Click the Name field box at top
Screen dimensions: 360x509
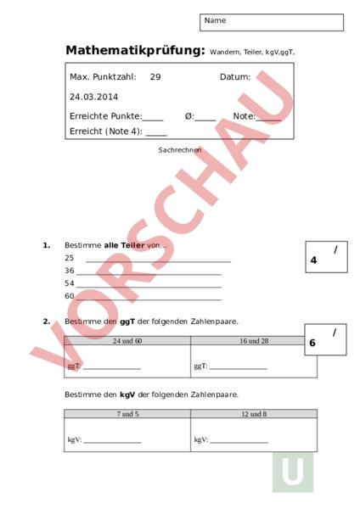(272, 22)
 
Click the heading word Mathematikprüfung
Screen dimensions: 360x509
(135, 50)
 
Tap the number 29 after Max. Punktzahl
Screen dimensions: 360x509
(155, 77)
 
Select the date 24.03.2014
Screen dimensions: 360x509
(94, 97)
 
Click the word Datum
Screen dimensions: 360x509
(235, 77)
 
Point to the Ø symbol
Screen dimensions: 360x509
(188, 116)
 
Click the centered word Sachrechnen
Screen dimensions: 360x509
(180, 150)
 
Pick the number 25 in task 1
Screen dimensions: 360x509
(70, 258)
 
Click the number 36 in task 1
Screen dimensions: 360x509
(70, 271)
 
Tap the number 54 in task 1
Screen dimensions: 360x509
(70, 283)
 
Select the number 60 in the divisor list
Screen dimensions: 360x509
(70, 296)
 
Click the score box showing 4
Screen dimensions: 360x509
(326, 257)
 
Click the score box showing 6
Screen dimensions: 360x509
(325, 339)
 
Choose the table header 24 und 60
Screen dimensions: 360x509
(127, 340)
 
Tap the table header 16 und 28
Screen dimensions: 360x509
(253, 340)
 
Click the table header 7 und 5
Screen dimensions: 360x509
(127, 414)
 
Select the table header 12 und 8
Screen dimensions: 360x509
(253, 414)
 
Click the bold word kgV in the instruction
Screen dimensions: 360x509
(127, 394)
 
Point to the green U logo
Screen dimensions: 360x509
(292, 473)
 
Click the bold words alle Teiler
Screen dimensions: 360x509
(125, 245)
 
